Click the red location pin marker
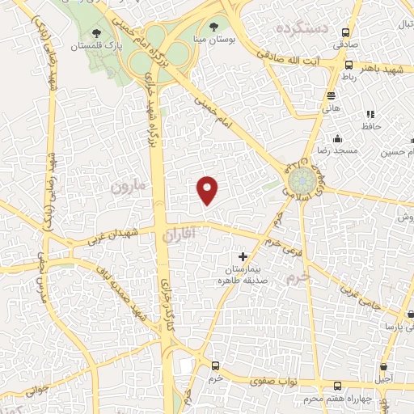pyautogui.click(x=209, y=189)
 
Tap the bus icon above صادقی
pyautogui.click(x=346, y=33)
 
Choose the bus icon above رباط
pyautogui.click(x=349, y=64)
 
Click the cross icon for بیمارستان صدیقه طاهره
pyautogui.click(x=243, y=256)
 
